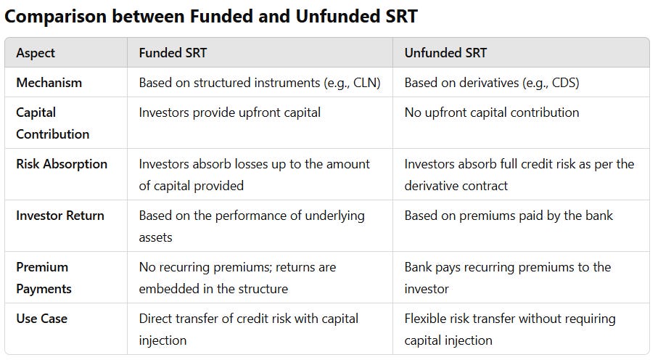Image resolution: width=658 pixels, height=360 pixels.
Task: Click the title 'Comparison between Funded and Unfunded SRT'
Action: (211, 16)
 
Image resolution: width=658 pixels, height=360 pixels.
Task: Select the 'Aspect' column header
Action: (36, 53)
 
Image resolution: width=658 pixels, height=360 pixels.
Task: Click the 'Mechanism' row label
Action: (49, 83)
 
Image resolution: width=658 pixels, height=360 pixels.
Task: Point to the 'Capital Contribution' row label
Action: (52, 123)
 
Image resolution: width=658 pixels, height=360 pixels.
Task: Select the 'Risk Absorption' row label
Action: (62, 164)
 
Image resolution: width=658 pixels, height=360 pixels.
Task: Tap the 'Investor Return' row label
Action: (60, 216)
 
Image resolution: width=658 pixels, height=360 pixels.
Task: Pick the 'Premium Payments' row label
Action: (44, 278)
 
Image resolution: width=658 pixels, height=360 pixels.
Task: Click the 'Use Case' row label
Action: (41, 319)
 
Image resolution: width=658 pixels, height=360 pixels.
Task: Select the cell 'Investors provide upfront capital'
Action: (229, 112)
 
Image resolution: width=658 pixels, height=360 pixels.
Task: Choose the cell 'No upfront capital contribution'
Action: (492, 112)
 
